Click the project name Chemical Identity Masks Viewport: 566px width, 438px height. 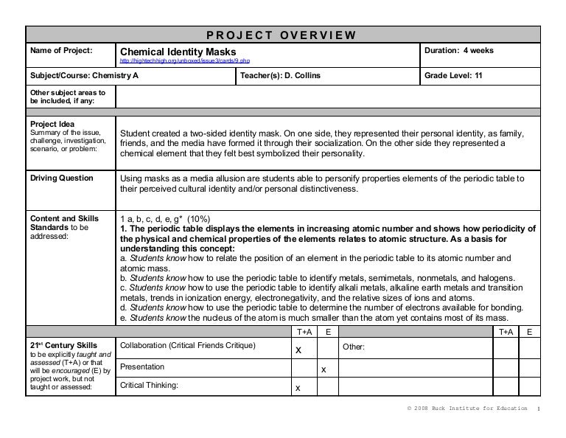click(x=178, y=52)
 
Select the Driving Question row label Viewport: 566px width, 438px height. click(x=60, y=178)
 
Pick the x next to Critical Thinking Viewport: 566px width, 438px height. click(x=297, y=388)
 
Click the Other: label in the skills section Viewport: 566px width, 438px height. click(x=354, y=347)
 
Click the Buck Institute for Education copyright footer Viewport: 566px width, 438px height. click(x=467, y=409)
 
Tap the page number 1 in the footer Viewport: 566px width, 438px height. click(x=539, y=409)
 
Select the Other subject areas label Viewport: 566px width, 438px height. click(x=66, y=97)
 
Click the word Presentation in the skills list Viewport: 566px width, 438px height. click(x=142, y=366)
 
